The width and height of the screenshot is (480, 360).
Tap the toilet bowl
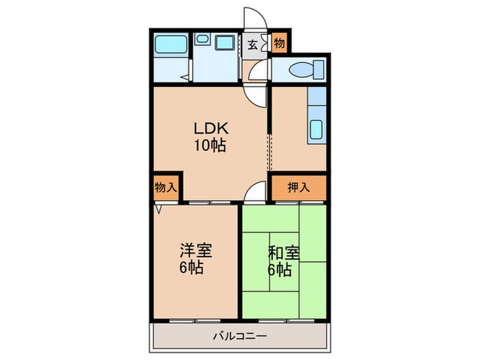tap(302, 69)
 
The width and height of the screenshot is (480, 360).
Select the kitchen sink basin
tap(317, 129)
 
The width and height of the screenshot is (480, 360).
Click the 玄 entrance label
tap(252, 45)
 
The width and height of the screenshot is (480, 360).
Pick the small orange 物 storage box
tap(279, 44)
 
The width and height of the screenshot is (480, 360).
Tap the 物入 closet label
tap(165, 187)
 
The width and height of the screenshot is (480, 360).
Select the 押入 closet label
tap(298, 187)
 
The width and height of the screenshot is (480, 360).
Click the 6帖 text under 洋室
tap(191, 268)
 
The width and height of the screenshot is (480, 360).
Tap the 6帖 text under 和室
tap(279, 269)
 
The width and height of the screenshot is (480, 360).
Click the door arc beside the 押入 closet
tap(254, 192)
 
